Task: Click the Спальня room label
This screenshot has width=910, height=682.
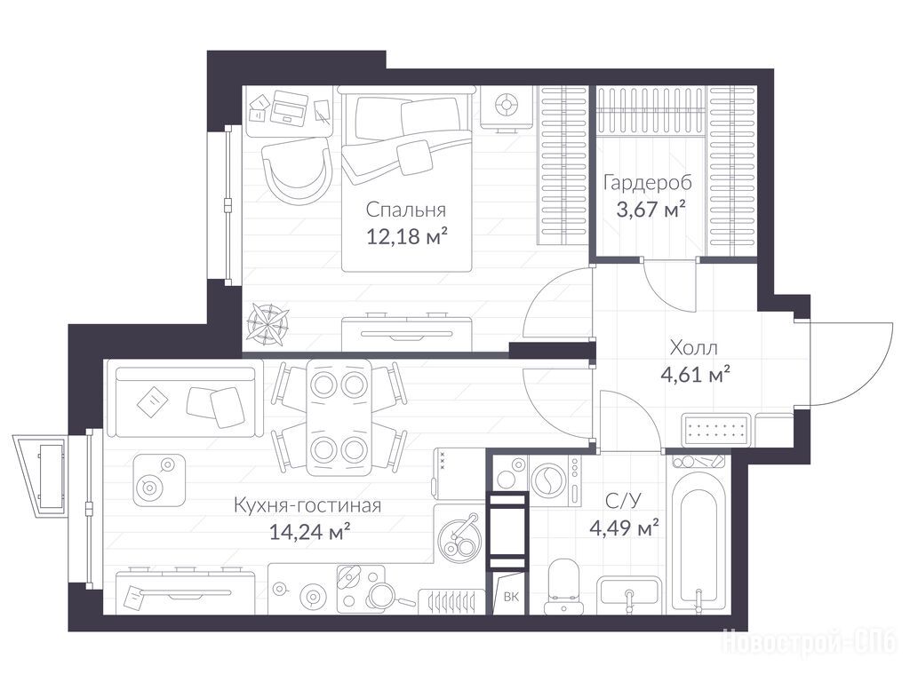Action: click(405, 210)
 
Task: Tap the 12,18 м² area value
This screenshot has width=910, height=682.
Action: click(406, 236)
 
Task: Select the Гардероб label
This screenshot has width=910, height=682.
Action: click(648, 183)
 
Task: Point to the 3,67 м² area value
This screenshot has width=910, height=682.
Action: click(651, 209)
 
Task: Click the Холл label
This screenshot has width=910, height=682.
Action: click(693, 348)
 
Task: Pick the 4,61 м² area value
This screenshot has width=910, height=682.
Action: click(695, 374)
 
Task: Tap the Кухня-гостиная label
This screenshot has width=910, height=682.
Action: click(307, 505)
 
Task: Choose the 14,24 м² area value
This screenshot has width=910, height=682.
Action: click(309, 531)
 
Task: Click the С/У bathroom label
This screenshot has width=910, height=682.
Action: click(623, 501)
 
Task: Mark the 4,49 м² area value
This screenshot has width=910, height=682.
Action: click(624, 527)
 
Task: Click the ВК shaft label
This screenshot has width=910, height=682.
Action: click(511, 596)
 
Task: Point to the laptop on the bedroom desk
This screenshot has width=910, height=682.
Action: click(289, 107)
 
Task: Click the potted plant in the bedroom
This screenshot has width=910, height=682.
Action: click(267, 321)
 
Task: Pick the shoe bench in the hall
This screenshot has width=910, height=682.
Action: click(716, 430)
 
